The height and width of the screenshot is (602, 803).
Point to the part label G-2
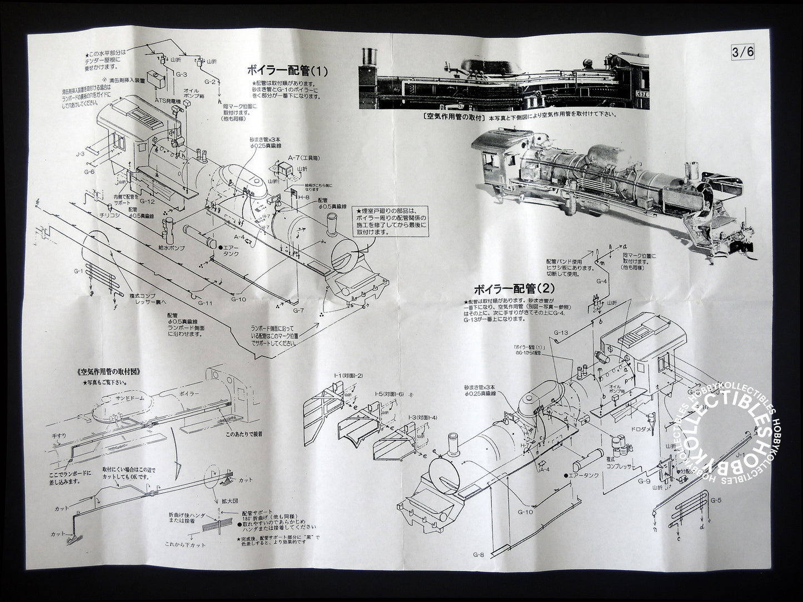pyautogui.click(x=209, y=82)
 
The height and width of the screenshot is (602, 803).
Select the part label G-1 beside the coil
pyautogui.click(x=77, y=271)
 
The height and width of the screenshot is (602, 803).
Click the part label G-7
pyautogui.click(x=298, y=309)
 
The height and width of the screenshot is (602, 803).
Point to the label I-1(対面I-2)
pyautogui.click(x=348, y=376)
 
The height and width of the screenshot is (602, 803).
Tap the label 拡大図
pyautogui.click(x=229, y=502)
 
